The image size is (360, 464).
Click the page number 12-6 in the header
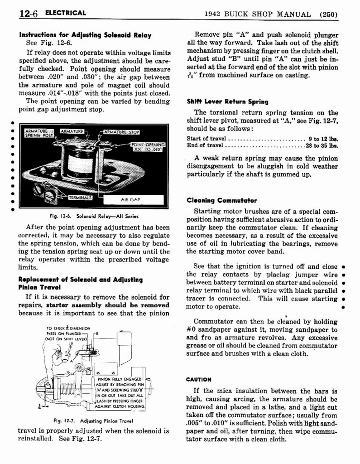tap(29, 13)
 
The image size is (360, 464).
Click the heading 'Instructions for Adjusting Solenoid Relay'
tap(85, 35)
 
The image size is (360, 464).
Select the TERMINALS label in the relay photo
tap(80, 198)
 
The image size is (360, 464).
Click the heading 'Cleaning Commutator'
tap(222, 200)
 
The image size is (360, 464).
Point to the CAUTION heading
tap(199, 379)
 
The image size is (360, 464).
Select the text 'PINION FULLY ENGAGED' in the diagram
tap(120, 378)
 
